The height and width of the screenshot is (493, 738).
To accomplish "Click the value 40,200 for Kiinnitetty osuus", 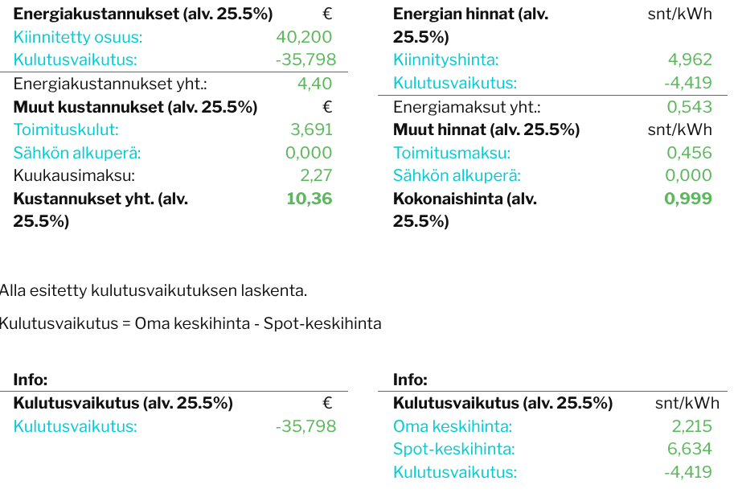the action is [x=304, y=37].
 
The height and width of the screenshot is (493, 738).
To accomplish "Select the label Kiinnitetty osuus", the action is [x=78, y=37].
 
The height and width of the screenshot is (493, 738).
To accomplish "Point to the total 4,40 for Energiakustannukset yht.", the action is [x=315, y=84].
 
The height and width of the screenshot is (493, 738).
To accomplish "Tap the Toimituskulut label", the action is [x=66, y=129].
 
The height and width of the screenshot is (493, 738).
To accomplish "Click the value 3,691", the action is [x=312, y=129].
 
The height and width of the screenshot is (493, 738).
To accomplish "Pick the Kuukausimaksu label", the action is [x=74, y=175].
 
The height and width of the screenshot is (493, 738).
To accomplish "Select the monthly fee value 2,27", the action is [x=316, y=175].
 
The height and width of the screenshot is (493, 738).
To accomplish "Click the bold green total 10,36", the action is [x=310, y=199].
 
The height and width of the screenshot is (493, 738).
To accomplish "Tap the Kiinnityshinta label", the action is [x=445, y=60].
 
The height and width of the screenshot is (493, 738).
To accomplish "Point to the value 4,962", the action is [x=690, y=60].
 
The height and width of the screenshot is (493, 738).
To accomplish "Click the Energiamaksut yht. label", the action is [x=467, y=107].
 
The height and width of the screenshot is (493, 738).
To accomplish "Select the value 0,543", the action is [x=690, y=107].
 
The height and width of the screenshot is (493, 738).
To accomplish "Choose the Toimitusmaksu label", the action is [x=452, y=153].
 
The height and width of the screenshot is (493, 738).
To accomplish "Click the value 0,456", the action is [x=690, y=153].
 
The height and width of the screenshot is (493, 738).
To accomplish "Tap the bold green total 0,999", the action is [x=688, y=199].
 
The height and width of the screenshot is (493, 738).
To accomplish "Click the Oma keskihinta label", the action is [x=453, y=426].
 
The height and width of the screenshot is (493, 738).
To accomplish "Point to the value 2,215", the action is [x=692, y=426].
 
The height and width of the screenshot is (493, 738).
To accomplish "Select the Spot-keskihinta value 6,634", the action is [x=690, y=449].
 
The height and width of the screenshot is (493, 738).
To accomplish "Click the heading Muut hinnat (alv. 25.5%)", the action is [x=486, y=129].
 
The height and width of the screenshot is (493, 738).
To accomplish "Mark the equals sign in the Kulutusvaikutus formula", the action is [x=126, y=324].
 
